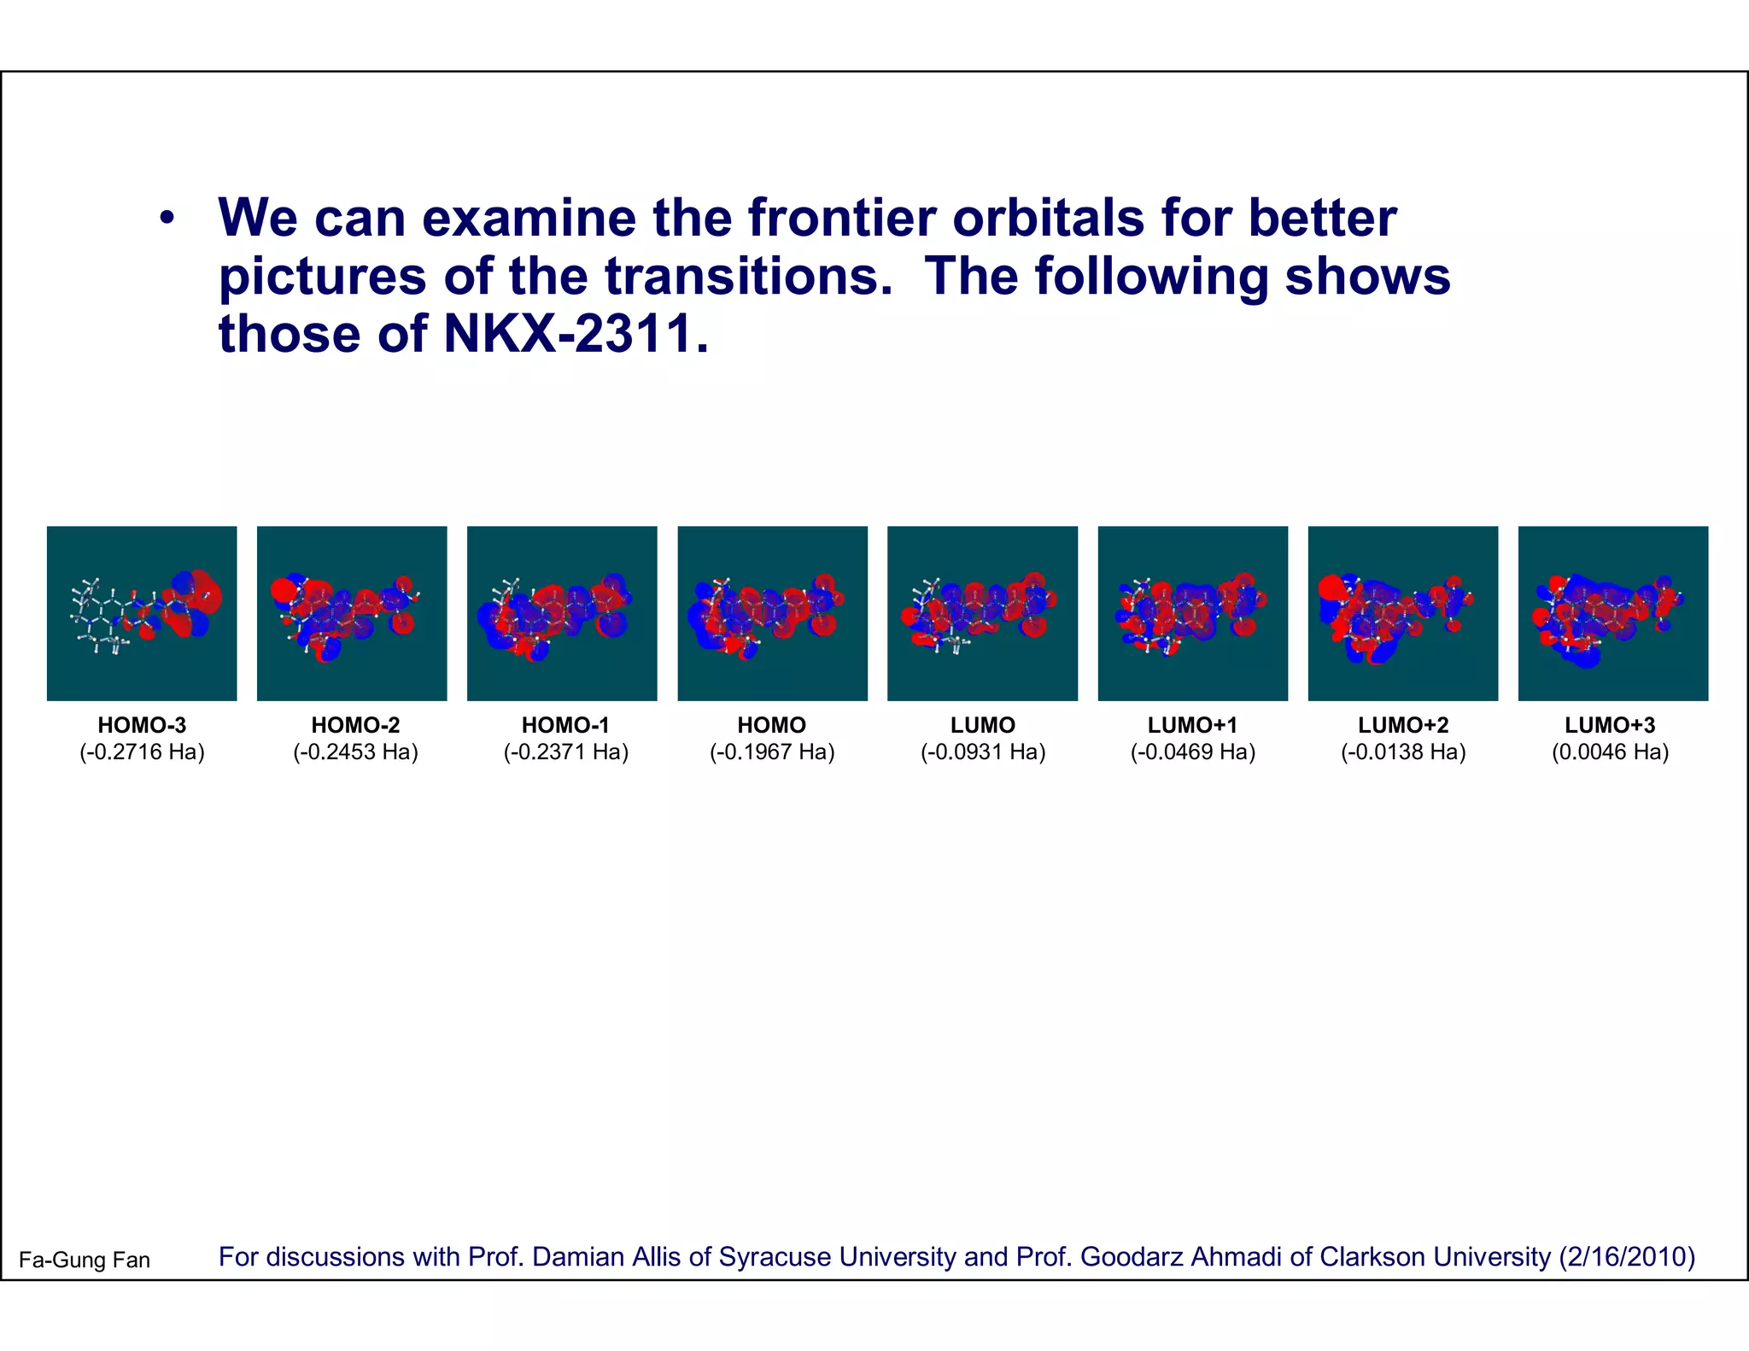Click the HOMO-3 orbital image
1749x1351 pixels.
point(142,613)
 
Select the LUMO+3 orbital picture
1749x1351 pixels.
point(1612,613)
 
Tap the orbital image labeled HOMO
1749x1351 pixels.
point(772,613)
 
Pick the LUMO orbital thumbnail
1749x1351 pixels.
point(982,613)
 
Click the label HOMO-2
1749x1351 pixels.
point(355,725)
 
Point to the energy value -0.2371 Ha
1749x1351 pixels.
point(565,752)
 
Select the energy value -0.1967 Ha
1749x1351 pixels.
point(772,752)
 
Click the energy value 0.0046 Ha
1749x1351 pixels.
point(1610,752)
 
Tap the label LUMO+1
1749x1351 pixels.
point(1192,725)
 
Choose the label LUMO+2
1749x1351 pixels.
point(1403,725)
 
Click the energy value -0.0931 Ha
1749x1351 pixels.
point(983,752)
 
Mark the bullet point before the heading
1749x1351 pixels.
point(167,219)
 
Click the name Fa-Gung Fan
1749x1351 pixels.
point(85,1260)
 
